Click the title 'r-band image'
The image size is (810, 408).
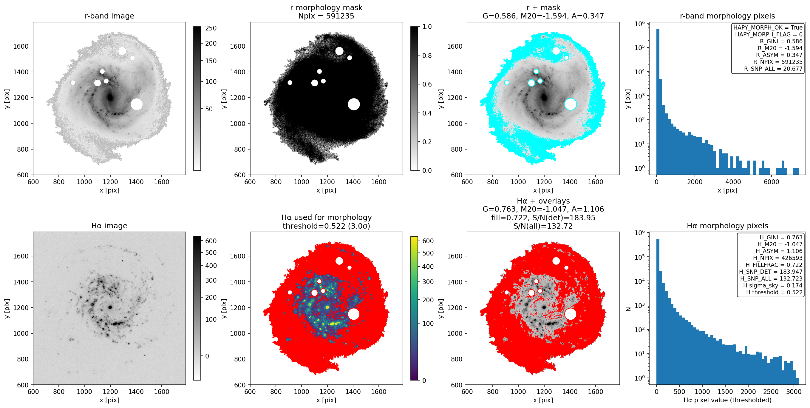point(109,16)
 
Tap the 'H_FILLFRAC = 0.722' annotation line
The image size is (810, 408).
point(774,265)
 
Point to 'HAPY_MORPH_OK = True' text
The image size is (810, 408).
point(768,27)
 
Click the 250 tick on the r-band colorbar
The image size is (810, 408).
point(211,28)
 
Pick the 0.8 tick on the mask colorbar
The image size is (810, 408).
point(427,56)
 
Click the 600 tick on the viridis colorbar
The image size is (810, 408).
point(428,241)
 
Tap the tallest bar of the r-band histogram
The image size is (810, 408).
point(658,101)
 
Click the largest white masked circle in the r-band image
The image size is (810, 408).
point(137,104)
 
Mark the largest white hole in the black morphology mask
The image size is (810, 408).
point(354,104)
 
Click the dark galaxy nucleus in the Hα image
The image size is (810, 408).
point(110,307)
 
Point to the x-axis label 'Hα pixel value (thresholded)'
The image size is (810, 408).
point(727,400)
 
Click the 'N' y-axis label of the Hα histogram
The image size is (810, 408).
point(628,309)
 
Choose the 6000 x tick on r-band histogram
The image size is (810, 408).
point(771,182)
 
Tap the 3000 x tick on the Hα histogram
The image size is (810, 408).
point(794,392)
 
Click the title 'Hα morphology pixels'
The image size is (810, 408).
point(727,226)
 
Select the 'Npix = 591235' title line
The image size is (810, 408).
point(326,16)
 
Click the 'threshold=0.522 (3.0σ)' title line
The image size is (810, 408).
point(326,226)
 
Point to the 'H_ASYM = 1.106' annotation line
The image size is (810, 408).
point(779,251)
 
